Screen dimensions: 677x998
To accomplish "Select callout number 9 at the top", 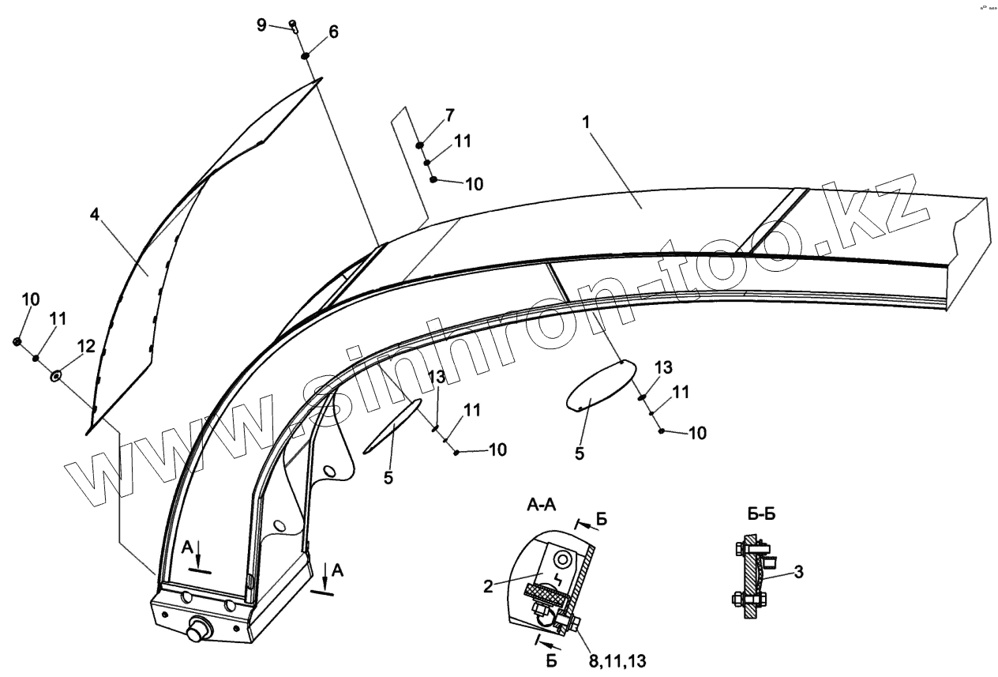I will [261, 24].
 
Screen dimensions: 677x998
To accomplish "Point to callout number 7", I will [448, 116].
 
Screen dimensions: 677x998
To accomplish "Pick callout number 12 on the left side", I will [85, 346].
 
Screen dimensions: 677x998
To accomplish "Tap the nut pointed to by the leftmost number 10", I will [17, 341].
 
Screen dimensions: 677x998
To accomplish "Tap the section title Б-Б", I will [761, 514].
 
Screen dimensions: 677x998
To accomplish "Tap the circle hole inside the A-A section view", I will [561, 559].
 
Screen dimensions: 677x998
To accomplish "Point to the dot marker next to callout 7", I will [421, 145].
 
